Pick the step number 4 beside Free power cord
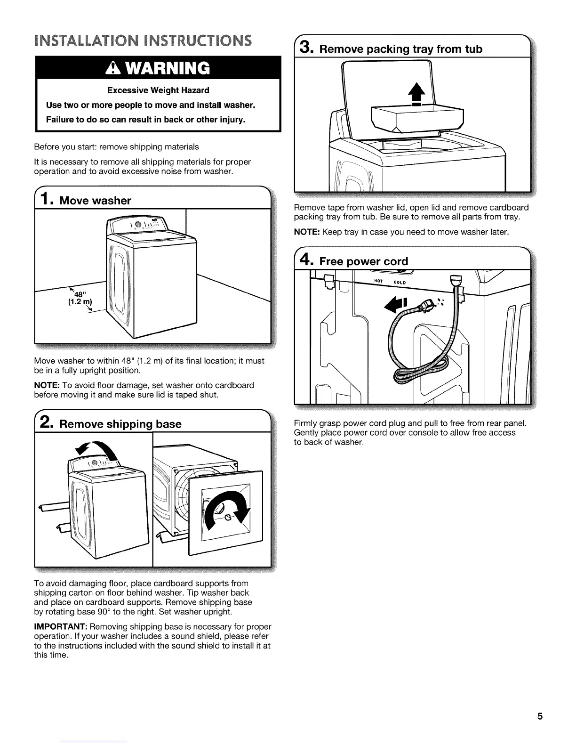click(x=305, y=260)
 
